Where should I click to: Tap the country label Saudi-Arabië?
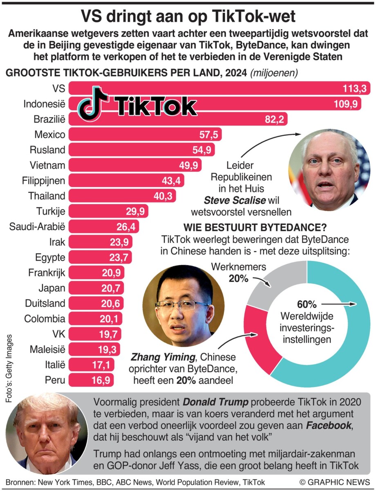click(x=37, y=226)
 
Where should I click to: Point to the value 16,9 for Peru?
click(x=101, y=380)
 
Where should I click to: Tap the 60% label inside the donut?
click(x=307, y=305)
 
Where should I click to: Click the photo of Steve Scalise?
click(x=329, y=170)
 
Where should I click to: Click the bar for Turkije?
click(x=108, y=211)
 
